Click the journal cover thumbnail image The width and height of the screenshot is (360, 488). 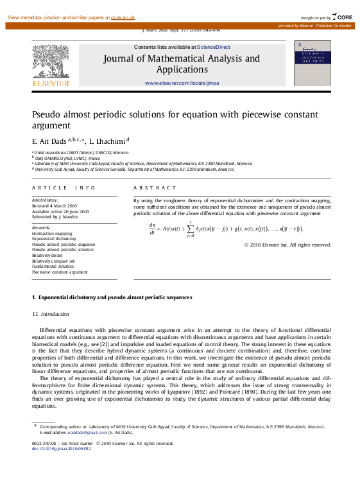(313, 63)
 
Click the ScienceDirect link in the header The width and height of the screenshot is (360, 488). (214, 47)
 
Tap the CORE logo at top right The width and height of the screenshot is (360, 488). (341, 16)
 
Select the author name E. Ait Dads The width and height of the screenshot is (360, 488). (49, 140)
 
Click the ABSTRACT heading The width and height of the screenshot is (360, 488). (155, 187)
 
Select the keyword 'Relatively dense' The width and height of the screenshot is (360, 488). (49, 255)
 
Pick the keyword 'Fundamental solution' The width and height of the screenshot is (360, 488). (53, 266)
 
